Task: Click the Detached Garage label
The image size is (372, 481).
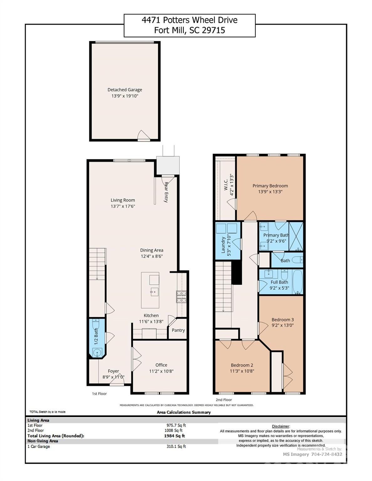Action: coord(125,90)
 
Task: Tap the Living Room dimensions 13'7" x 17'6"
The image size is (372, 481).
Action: coord(123,206)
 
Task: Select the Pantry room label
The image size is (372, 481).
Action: coord(178,330)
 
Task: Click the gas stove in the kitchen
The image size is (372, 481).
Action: coord(181,297)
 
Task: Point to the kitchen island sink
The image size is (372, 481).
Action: coord(154,293)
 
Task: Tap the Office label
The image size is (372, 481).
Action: coord(161,365)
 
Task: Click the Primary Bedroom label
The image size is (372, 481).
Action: coord(270,186)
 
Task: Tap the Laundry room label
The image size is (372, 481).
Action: coord(223,245)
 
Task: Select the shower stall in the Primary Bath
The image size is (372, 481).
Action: coord(296,236)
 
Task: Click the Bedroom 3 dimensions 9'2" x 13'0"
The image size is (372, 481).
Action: coord(282,325)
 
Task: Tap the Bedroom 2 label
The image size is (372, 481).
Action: coord(242,365)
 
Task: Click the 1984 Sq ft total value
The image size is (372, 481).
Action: coord(174,436)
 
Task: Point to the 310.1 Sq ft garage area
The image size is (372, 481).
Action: coord(176,446)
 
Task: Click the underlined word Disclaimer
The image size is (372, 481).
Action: coord(280,426)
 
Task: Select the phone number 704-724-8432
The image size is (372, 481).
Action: coord(327,454)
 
